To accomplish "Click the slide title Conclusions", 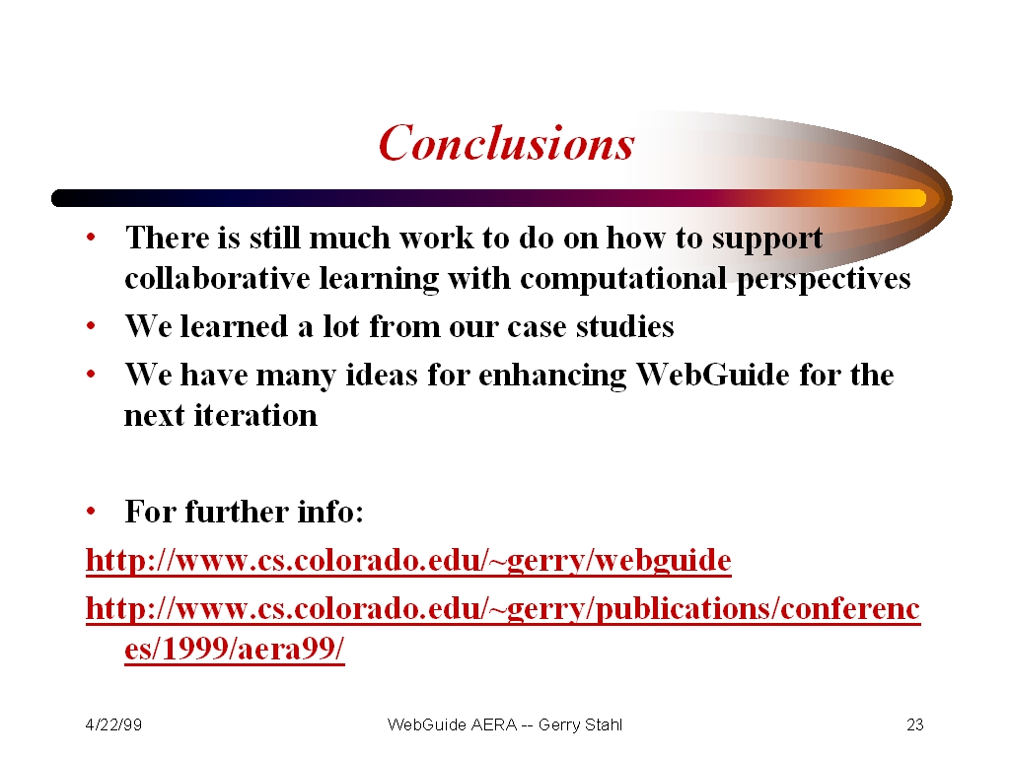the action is (506, 142).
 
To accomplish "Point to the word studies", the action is (624, 326).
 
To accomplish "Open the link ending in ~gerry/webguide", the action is (408, 560).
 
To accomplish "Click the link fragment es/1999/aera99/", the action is (235, 649).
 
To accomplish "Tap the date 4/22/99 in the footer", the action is (113, 724).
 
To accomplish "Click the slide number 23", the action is (914, 724).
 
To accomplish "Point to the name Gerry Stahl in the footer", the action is (580, 724).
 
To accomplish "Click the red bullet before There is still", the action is (91, 237).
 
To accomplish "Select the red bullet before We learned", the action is (91, 325).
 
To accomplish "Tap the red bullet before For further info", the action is (91, 512).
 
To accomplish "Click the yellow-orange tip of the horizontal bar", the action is (914, 198).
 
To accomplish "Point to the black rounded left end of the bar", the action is (60, 198).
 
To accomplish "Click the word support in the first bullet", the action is (766, 240).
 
